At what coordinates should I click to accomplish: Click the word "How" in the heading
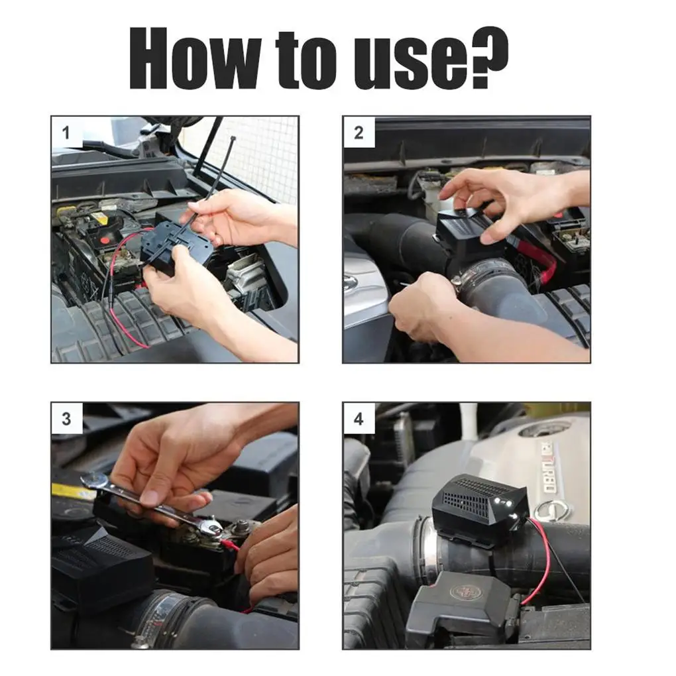pos(195,58)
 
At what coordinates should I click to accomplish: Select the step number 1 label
pos(66,133)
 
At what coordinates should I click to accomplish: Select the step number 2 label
pos(359,133)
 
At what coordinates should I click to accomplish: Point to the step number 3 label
pos(66,419)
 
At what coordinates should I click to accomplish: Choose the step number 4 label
pos(359,419)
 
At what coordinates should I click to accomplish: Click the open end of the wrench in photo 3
pos(93,483)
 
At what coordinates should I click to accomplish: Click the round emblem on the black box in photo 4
pos(462,592)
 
